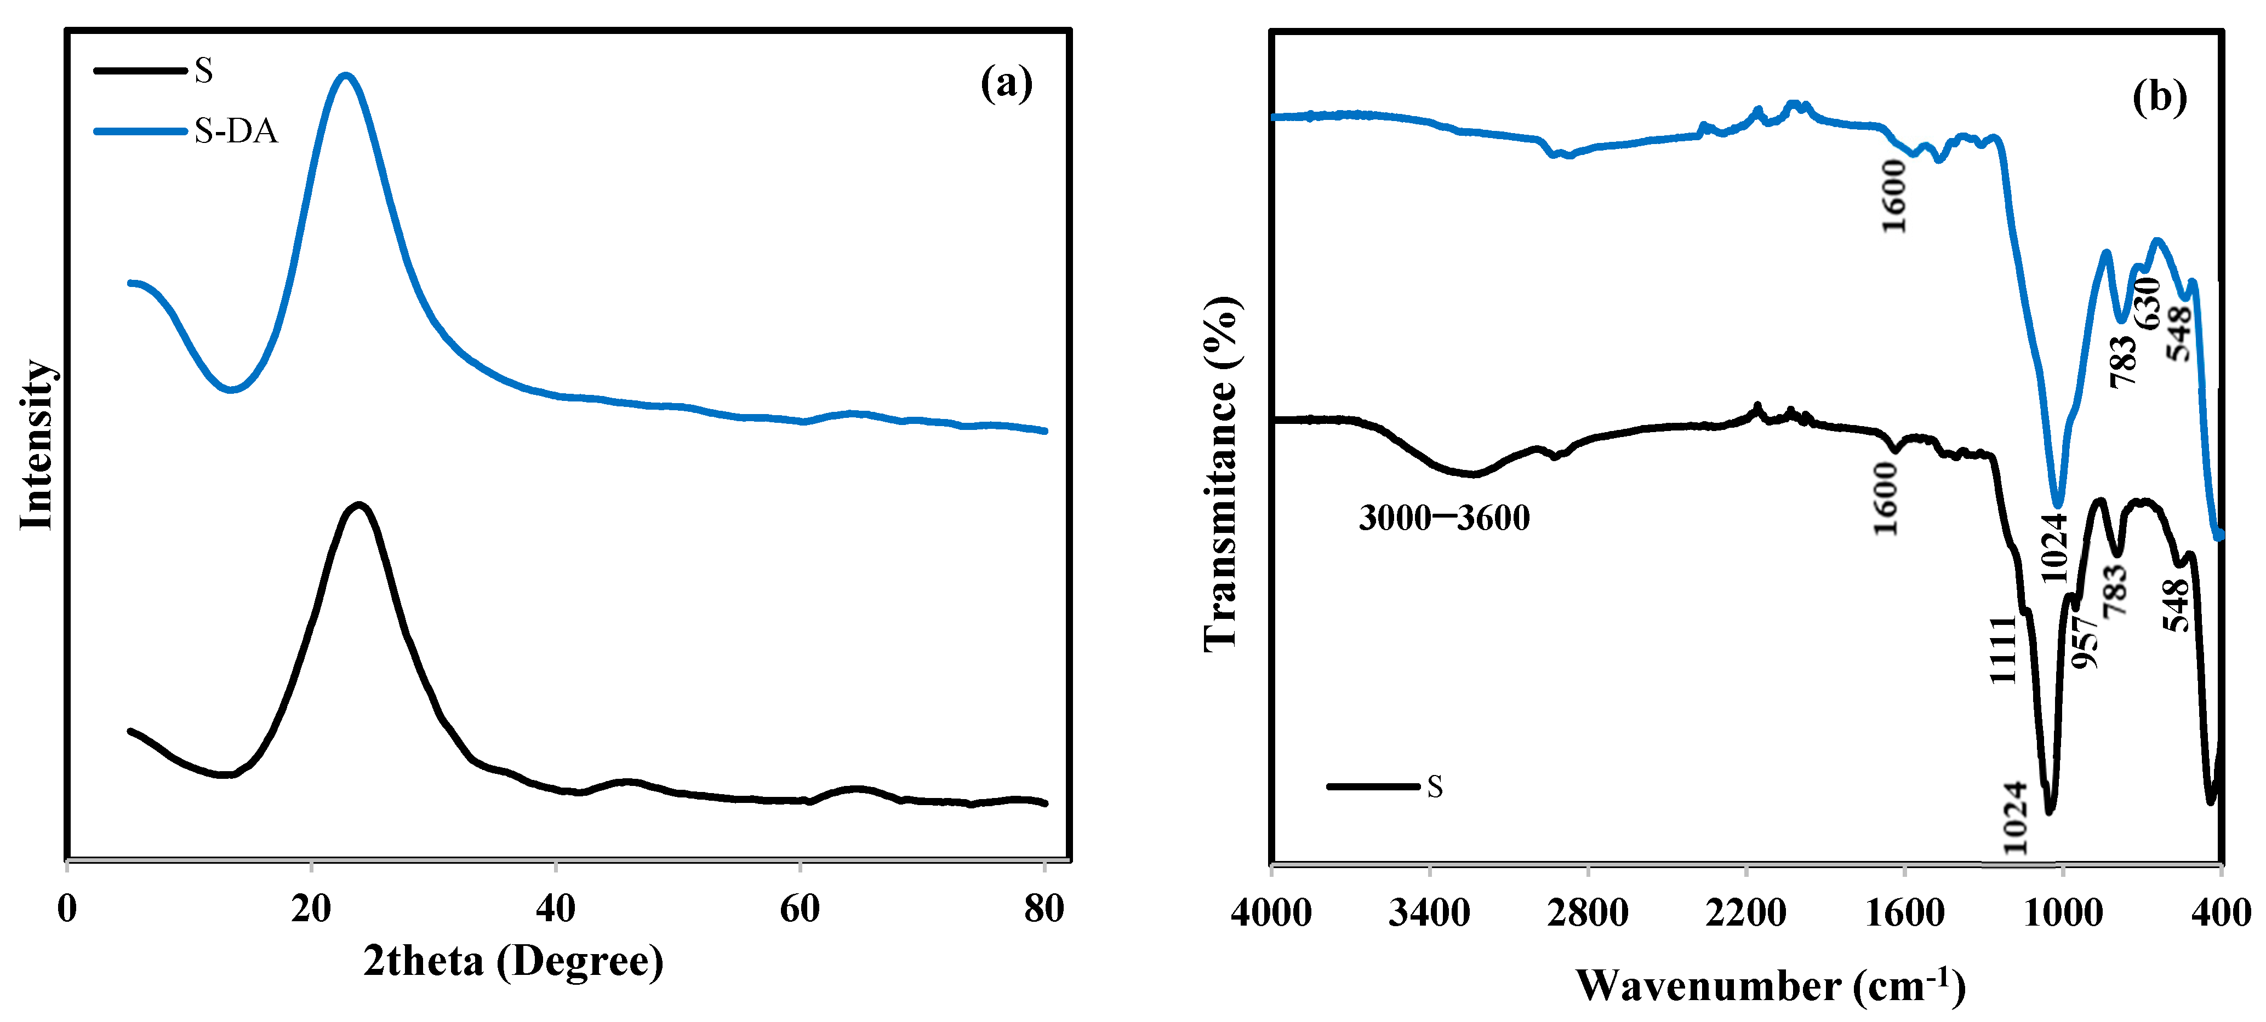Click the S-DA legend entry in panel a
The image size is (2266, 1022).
point(235,131)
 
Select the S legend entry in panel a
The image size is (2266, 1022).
point(203,70)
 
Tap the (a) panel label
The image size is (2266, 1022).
point(1006,84)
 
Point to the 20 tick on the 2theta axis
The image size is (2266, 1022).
point(311,908)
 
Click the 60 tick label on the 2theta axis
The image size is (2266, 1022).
point(800,908)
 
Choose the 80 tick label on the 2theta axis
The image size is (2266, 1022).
point(1044,908)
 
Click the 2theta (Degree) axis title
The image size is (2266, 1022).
point(513,961)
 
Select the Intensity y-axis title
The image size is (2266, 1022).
point(37,444)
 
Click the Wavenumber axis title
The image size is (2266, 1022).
point(1770,985)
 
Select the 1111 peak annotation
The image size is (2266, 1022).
point(2003,649)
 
